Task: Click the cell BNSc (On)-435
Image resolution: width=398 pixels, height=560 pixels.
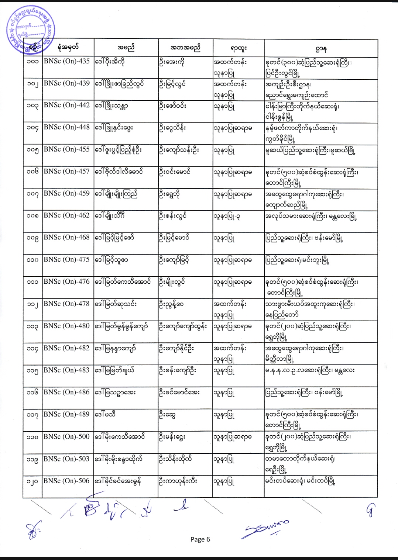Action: pos(66,61)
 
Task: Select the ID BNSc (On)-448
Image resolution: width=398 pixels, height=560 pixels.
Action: pos(66,127)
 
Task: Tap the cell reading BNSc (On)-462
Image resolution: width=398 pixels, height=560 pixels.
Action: pos(66,215)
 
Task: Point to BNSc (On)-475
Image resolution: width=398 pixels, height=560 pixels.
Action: pos(66,260)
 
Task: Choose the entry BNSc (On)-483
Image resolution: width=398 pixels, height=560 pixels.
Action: pos(66,370)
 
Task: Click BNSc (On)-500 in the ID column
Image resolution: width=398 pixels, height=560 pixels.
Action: pos(66,437)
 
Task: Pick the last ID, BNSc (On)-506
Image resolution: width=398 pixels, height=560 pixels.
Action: pos(66,481)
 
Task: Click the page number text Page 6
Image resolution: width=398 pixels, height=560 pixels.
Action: pos(200,539)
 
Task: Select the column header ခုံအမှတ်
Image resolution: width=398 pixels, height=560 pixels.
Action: pos(68,47)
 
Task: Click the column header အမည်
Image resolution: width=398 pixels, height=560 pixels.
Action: pos(126,48)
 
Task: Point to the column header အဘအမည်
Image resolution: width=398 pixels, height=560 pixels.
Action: pos(185,48)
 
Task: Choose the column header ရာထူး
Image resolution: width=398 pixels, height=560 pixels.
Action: pos(239,48)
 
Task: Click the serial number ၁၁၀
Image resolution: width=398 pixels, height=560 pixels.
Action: pos(32,260)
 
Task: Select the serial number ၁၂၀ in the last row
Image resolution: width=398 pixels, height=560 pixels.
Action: pos(32,482)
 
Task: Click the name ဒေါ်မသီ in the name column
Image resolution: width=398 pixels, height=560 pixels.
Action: pos(105,415)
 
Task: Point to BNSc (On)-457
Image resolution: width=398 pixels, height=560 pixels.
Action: pos(66,172)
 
